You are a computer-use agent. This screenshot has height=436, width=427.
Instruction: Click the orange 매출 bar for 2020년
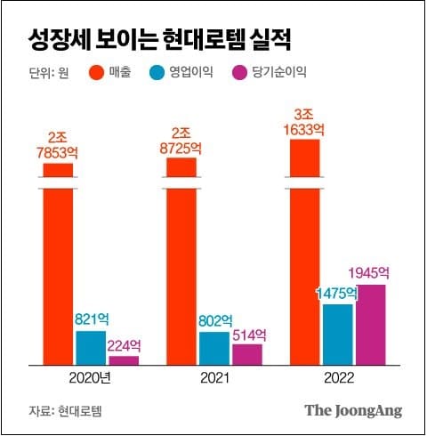[58, 267]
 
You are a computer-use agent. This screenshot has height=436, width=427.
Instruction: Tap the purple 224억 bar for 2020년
[124, 359]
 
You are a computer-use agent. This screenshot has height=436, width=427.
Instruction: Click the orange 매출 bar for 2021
[181, 267]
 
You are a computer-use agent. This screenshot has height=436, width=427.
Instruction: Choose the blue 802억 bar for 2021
[214, 348]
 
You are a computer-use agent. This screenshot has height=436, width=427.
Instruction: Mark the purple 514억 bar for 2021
[247, 353]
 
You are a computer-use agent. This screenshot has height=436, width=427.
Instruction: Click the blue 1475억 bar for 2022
[337, 334]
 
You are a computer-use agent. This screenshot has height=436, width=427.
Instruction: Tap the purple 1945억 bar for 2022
[370, 324]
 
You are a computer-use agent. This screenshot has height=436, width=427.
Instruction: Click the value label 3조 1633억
[304, 121]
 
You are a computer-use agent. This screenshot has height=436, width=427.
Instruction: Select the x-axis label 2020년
[90, 377]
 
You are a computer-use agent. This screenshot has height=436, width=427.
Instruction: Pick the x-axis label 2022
[337, 377]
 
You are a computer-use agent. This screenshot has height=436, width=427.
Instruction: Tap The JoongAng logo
[353, 410]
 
